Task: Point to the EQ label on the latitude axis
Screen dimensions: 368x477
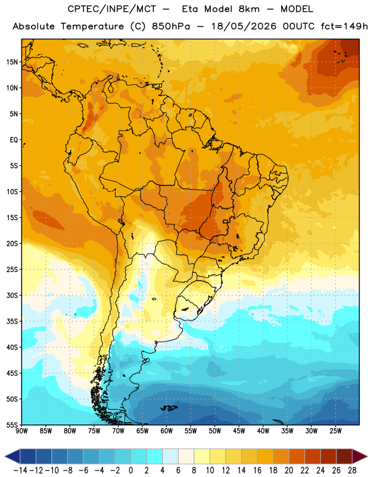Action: coord(14,140)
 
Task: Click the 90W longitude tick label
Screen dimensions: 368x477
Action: coord(21,431)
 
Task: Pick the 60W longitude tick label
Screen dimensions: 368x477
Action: coord(167,431)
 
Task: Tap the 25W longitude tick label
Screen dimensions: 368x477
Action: coord(335,431)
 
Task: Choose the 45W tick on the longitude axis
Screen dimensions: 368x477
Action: coord(239,431)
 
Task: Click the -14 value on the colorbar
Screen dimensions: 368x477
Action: coord(20,470)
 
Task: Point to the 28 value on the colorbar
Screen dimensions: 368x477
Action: coord(352,470)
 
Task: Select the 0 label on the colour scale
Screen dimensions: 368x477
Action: coord(130,470)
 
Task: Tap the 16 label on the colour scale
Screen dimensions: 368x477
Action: coord(257,470)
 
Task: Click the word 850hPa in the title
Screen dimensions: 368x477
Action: coord(171,26)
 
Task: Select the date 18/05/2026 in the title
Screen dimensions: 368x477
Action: coord(244,26)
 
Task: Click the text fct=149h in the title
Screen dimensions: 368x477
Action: coord(344,26)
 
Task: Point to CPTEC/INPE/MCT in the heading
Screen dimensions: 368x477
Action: coord(112,9)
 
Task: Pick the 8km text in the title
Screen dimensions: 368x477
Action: coord(249,9)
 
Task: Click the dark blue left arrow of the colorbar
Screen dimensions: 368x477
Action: coord(12,456)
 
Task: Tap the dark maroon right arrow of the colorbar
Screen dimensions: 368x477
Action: coord(360,456)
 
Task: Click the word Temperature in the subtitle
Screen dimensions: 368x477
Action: coord(92,27)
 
